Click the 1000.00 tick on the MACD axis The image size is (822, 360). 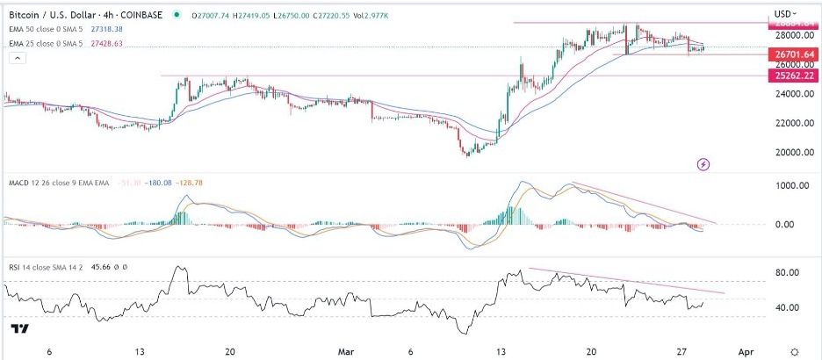point(788,186)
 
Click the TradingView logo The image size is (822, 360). point(18,329)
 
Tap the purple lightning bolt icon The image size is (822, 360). point(703,164)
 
